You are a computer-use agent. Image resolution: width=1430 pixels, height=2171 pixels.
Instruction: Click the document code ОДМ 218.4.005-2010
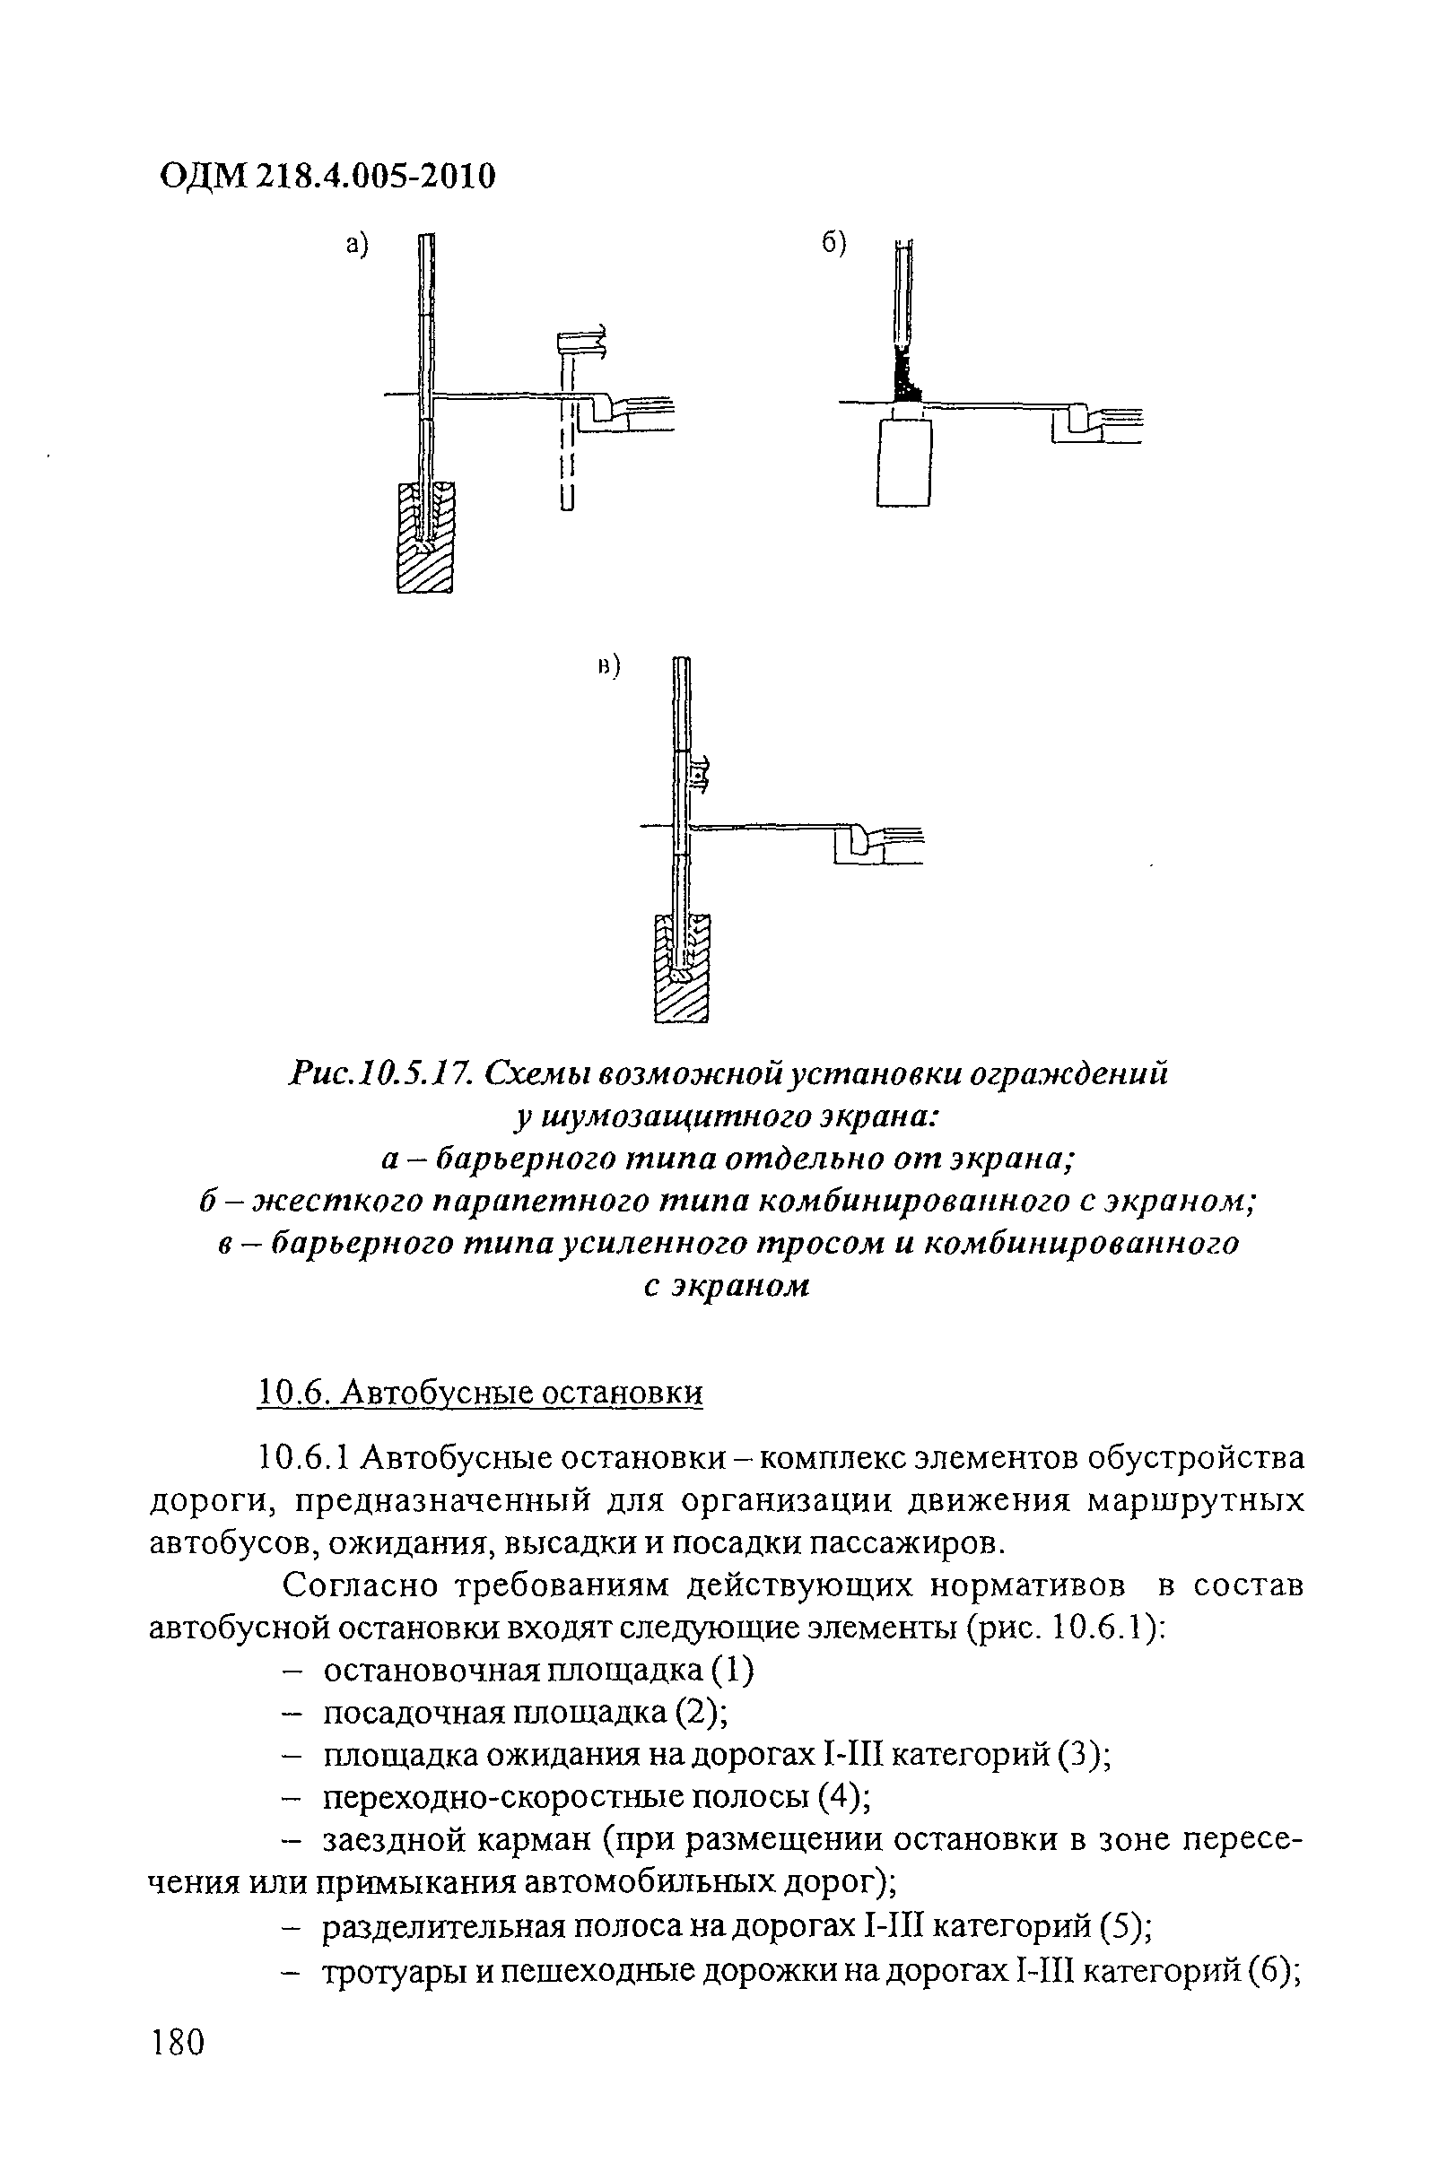pos(327,175)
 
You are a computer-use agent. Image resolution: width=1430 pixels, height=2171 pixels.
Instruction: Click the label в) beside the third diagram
pos(607,667)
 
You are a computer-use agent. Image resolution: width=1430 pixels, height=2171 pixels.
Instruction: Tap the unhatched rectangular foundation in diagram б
pos(903,461)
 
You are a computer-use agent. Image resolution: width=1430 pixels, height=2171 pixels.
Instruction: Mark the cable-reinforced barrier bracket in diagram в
pos(698,777)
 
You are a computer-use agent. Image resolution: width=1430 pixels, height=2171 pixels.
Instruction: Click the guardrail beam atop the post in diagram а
pos(580,342)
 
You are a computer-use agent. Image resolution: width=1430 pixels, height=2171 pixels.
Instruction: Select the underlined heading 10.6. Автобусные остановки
pos(481,1393)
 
